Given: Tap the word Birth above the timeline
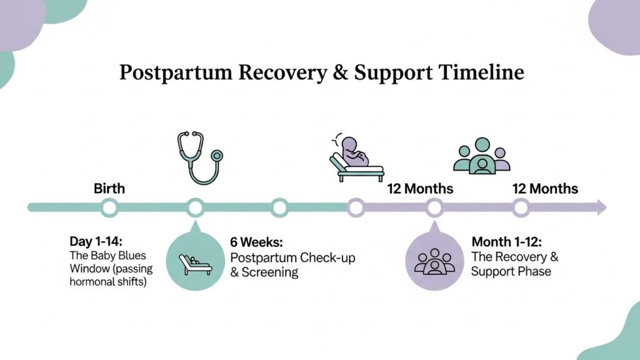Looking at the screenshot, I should coord(109,188).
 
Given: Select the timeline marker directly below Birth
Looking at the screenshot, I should coord(109,207).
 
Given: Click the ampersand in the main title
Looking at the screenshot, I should coord(338,73).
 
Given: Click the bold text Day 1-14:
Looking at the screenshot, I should coord(96,241).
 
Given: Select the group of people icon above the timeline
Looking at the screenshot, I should coord(481,156).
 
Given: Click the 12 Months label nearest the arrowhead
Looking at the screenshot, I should coord(545,188).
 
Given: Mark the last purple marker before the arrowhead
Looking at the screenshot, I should coord(521,207).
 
